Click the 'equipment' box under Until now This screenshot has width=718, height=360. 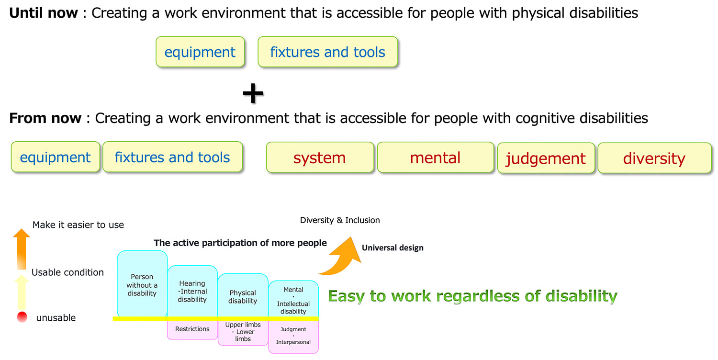(x=200, y=52)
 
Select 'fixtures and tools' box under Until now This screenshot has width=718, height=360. (x=327, y=52)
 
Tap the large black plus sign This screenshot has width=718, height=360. (x=253, y=94)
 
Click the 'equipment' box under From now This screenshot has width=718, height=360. (x=56, y=157)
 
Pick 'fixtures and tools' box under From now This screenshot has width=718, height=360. (x=172, y=157)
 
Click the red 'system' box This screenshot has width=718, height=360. (x=320, y=157)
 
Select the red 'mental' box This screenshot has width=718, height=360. (x=435, y=157)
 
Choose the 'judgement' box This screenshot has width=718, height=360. (x=546, y=158)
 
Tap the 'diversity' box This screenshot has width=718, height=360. (x=654, y=158)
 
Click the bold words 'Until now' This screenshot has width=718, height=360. (x=44, y=13)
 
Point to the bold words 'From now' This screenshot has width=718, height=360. (x=45, y=118)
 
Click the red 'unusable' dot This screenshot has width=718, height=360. (x=22, y=317)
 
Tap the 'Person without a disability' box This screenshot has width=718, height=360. (x=142, y=284)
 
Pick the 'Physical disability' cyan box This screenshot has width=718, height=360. (x=243, y=296)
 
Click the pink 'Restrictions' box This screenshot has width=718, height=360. (x=192, y=329)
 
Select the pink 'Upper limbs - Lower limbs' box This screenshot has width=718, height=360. (x=243, y=332)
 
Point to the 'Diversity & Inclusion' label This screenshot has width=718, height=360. (x=340, y=220)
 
